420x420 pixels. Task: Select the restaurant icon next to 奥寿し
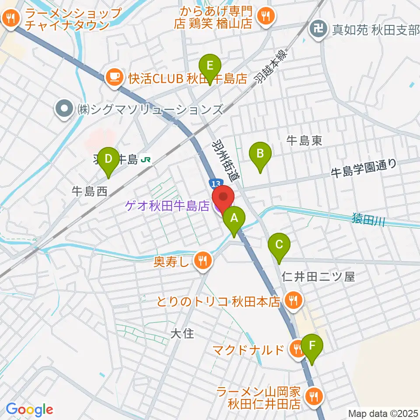(202, 261)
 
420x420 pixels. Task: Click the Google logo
(30, 409)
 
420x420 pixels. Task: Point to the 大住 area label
(182, 334)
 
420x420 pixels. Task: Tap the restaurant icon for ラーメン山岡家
(314, 396)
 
